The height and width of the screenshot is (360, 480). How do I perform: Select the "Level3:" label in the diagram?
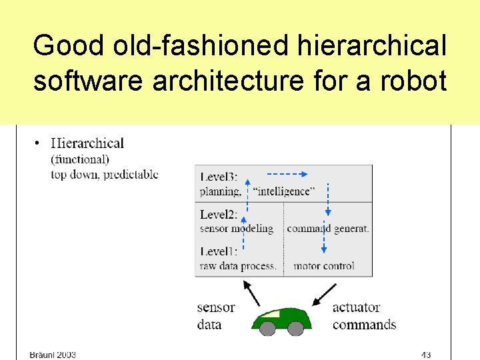219,177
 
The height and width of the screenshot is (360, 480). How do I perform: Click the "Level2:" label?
219,215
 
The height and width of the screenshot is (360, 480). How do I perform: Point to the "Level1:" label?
219,251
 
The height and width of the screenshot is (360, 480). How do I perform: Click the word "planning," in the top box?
221,191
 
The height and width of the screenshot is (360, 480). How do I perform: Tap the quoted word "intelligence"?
283,191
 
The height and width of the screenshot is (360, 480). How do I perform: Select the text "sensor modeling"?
237,229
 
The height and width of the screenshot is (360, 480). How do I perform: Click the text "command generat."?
327,229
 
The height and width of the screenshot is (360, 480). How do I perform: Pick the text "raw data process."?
237,265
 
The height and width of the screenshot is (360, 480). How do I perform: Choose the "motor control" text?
324,265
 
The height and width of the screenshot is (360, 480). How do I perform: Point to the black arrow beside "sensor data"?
251,292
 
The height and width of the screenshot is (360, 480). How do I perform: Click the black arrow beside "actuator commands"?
325,293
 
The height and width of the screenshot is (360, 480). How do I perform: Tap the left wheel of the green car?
267,328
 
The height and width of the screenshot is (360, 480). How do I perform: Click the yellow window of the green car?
271,313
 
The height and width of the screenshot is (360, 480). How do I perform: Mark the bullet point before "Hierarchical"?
36,143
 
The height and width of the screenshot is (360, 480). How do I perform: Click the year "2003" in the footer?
66,355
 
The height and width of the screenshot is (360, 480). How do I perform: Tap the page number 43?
425,354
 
